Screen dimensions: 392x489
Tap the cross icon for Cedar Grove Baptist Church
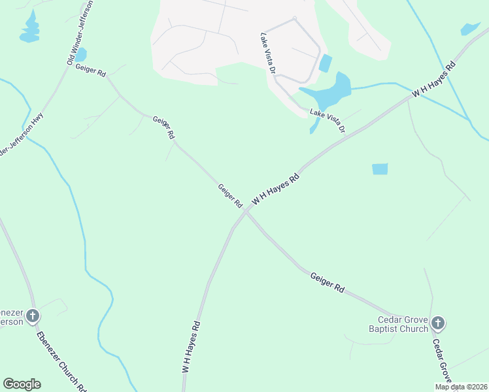438,323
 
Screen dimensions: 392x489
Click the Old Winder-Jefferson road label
80,32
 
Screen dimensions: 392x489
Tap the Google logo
22,384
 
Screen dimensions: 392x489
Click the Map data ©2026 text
461,387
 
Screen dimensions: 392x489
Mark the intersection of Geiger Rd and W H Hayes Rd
246,211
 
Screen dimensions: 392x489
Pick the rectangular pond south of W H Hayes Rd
380,169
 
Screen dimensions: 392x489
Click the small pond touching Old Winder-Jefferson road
81,56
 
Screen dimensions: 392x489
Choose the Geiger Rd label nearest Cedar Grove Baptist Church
327,282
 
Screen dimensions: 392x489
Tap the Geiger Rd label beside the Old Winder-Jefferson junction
90,71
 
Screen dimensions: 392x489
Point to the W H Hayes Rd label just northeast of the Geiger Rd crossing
275,189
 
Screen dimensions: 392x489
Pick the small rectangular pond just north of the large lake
325,63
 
